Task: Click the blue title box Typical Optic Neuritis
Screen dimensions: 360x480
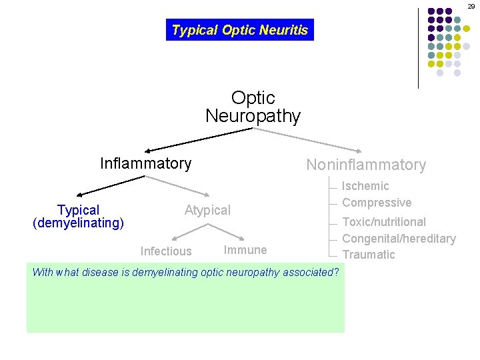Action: (x=240, y=30)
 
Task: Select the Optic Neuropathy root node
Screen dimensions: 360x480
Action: (x=253, y=107)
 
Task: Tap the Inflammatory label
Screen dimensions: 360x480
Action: (x=145, y=163)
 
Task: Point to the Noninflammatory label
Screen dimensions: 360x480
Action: (x=365, y=165)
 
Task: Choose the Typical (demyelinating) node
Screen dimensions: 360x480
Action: (x=79, y=217)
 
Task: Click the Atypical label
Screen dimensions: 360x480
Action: (x=207, y=211)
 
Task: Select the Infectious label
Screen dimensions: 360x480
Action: (x=166, y=251)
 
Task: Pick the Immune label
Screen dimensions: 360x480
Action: (x=245, y=250)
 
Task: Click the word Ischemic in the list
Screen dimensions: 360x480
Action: (x=365, y=186)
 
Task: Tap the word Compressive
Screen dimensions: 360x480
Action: (x=377, y=203)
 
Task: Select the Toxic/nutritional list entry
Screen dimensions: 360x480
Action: (x=384, y=222)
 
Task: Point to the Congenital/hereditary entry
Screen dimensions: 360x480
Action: (x=399, y=239)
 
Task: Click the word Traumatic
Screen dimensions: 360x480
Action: (x=369, y=255)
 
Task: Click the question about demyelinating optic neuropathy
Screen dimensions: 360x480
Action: (x=186, y=272)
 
